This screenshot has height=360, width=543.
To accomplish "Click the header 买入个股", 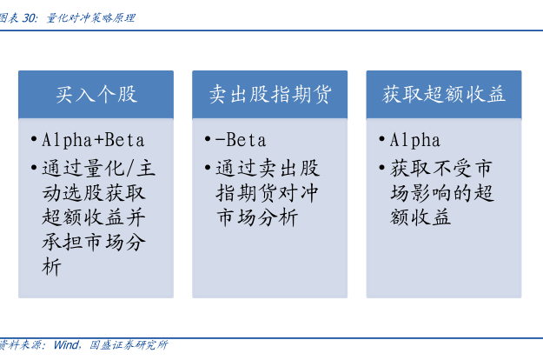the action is [x=96, y=94].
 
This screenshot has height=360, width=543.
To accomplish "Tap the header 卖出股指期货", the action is [x=270, y=94].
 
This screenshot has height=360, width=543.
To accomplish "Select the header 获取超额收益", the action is [x=444, y=94].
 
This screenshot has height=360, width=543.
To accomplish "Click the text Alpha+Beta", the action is [x=93, y=140].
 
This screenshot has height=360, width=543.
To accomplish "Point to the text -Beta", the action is [x=241, y=140].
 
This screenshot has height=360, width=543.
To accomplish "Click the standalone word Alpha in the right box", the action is [x=415, y=140].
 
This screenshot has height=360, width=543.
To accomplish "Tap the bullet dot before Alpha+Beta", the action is [x=34, y=139].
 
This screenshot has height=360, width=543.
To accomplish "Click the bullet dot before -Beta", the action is [x=208, y=139].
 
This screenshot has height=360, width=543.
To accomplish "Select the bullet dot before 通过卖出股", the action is [x=208, y=168].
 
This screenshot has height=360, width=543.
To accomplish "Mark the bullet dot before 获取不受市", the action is [x=382, y=168].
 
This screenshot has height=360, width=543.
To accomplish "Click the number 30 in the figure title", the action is [x=29, y=18].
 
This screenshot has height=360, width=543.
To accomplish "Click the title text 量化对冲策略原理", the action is [x=90, y=18].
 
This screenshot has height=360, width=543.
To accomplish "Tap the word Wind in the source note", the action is [x=66, y=344].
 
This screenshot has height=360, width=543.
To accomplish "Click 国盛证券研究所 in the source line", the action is [x=129, y=344].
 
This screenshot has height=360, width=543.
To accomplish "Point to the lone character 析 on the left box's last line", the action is [x=51, y=266].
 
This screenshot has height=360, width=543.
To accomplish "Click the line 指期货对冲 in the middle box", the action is [x=267, y=193].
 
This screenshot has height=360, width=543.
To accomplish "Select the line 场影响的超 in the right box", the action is [x=441, y=193].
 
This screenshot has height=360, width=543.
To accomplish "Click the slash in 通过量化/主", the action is [x=130, y=169].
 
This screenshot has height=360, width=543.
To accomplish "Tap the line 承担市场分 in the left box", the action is [x=94, y=242].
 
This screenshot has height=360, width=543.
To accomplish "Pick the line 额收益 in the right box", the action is [x=420, y=217].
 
